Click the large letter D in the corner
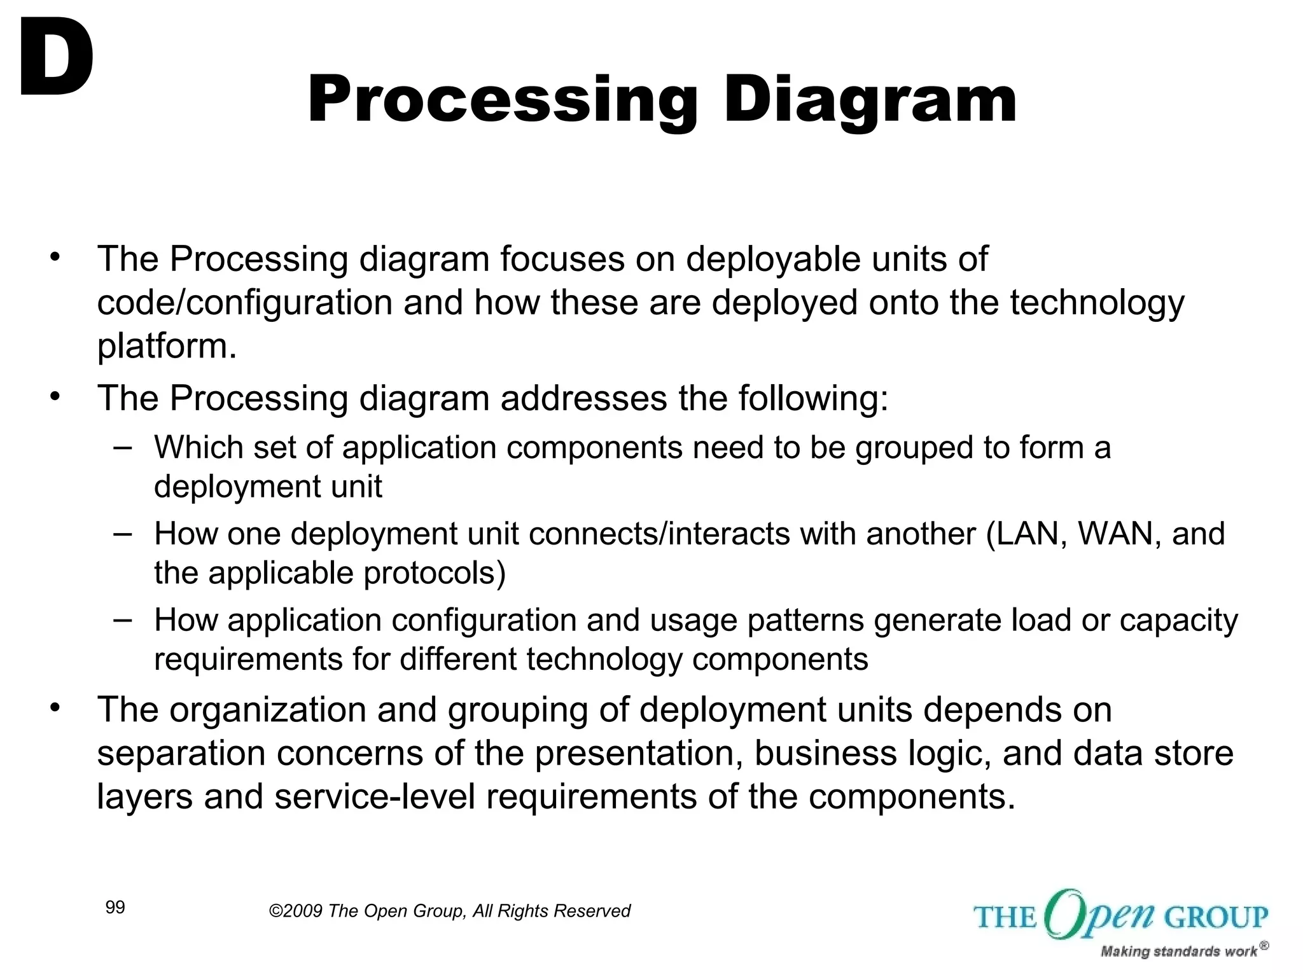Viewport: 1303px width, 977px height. tap(56, 59)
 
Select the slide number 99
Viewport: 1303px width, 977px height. tap(115, 908)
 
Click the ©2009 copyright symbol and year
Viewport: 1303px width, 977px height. tap(296, 911)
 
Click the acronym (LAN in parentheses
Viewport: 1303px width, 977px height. tap(1026, 533)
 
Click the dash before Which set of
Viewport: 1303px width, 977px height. tap(123, 447)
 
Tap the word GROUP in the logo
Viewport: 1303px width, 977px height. tap(1216, 917)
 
